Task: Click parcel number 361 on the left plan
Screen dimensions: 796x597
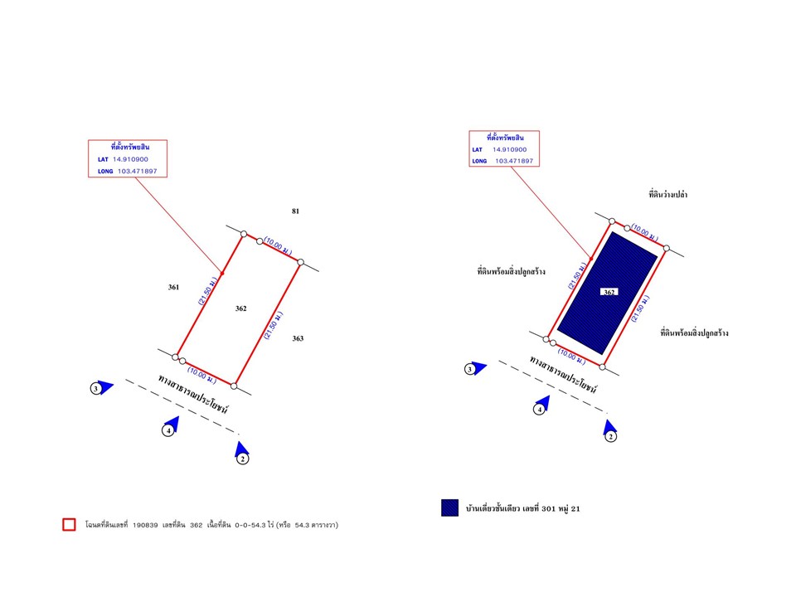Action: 173,288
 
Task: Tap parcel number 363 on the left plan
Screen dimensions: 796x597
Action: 298,338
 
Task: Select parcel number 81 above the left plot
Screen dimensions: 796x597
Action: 295,211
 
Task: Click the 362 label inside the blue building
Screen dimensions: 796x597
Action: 609,292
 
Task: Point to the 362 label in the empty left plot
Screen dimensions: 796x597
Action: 241,308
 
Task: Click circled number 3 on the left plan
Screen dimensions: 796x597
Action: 96,389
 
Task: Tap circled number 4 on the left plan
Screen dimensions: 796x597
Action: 168,431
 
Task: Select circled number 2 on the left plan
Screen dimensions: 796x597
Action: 243,459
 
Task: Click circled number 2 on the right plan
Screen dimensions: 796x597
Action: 611,437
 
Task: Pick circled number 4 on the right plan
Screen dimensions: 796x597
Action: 540,409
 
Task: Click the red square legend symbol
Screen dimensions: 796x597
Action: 69,524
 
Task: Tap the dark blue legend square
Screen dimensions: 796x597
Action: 449,507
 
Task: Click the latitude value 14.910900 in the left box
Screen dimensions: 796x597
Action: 130,159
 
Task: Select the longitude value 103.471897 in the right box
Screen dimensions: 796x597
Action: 514,161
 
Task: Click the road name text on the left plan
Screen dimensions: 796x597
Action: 193,395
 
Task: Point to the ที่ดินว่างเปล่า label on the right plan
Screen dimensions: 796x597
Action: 668,194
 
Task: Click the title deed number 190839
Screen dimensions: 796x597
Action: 145,525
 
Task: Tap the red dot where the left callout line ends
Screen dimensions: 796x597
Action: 222,274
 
